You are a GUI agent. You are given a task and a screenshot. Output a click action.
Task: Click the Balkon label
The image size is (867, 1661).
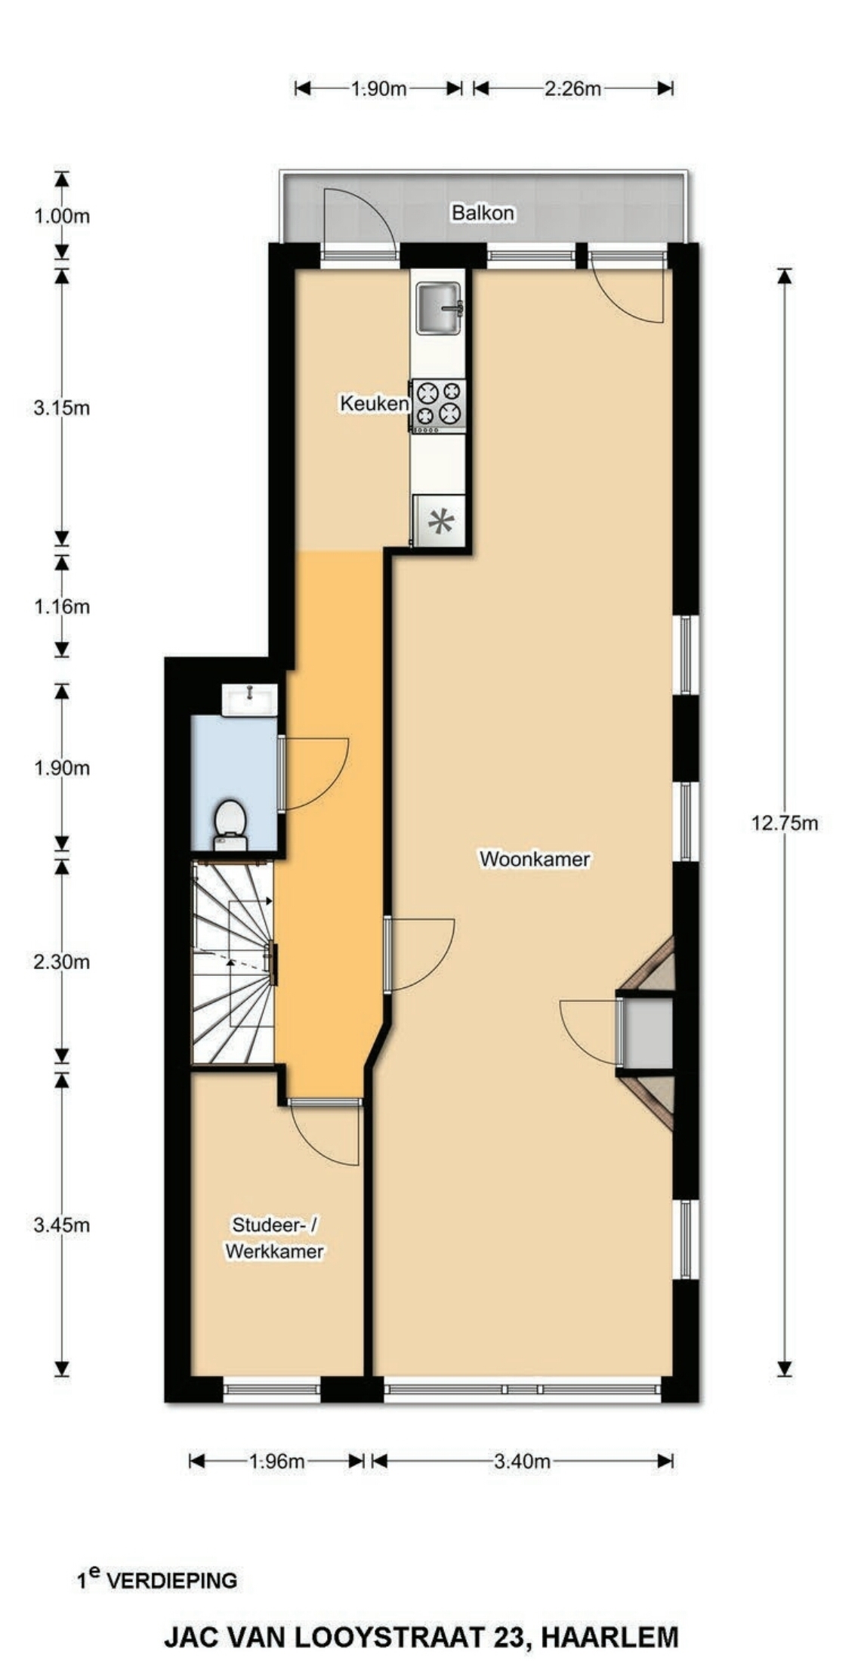point(483,213)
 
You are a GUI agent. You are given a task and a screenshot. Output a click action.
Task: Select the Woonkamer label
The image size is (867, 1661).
point(535,859)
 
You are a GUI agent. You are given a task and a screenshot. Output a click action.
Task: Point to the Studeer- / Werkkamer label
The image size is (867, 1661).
point(275,1238)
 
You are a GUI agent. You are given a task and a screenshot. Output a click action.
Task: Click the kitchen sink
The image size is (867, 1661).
point(439,307)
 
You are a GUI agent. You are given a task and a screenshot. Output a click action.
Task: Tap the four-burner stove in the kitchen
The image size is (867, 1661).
point(438,405)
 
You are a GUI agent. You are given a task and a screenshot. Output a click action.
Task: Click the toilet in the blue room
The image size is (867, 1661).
point(230,826)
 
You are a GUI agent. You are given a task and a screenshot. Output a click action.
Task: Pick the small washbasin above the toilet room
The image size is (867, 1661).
point(250,699)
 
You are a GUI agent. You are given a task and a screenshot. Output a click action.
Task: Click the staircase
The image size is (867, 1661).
point(233,964)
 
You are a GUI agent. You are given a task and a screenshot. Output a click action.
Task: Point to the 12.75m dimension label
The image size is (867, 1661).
point(784,823)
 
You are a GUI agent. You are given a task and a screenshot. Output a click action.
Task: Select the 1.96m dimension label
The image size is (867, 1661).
point(276,1461)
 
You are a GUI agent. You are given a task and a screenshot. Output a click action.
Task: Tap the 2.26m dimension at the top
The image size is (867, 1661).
point(572,88)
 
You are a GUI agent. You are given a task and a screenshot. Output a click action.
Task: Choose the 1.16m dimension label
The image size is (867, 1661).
point(61,607)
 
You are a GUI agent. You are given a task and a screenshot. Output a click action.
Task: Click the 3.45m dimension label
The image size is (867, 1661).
point(61,1225)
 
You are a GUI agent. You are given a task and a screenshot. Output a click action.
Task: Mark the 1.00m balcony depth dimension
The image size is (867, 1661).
point(61,217)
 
